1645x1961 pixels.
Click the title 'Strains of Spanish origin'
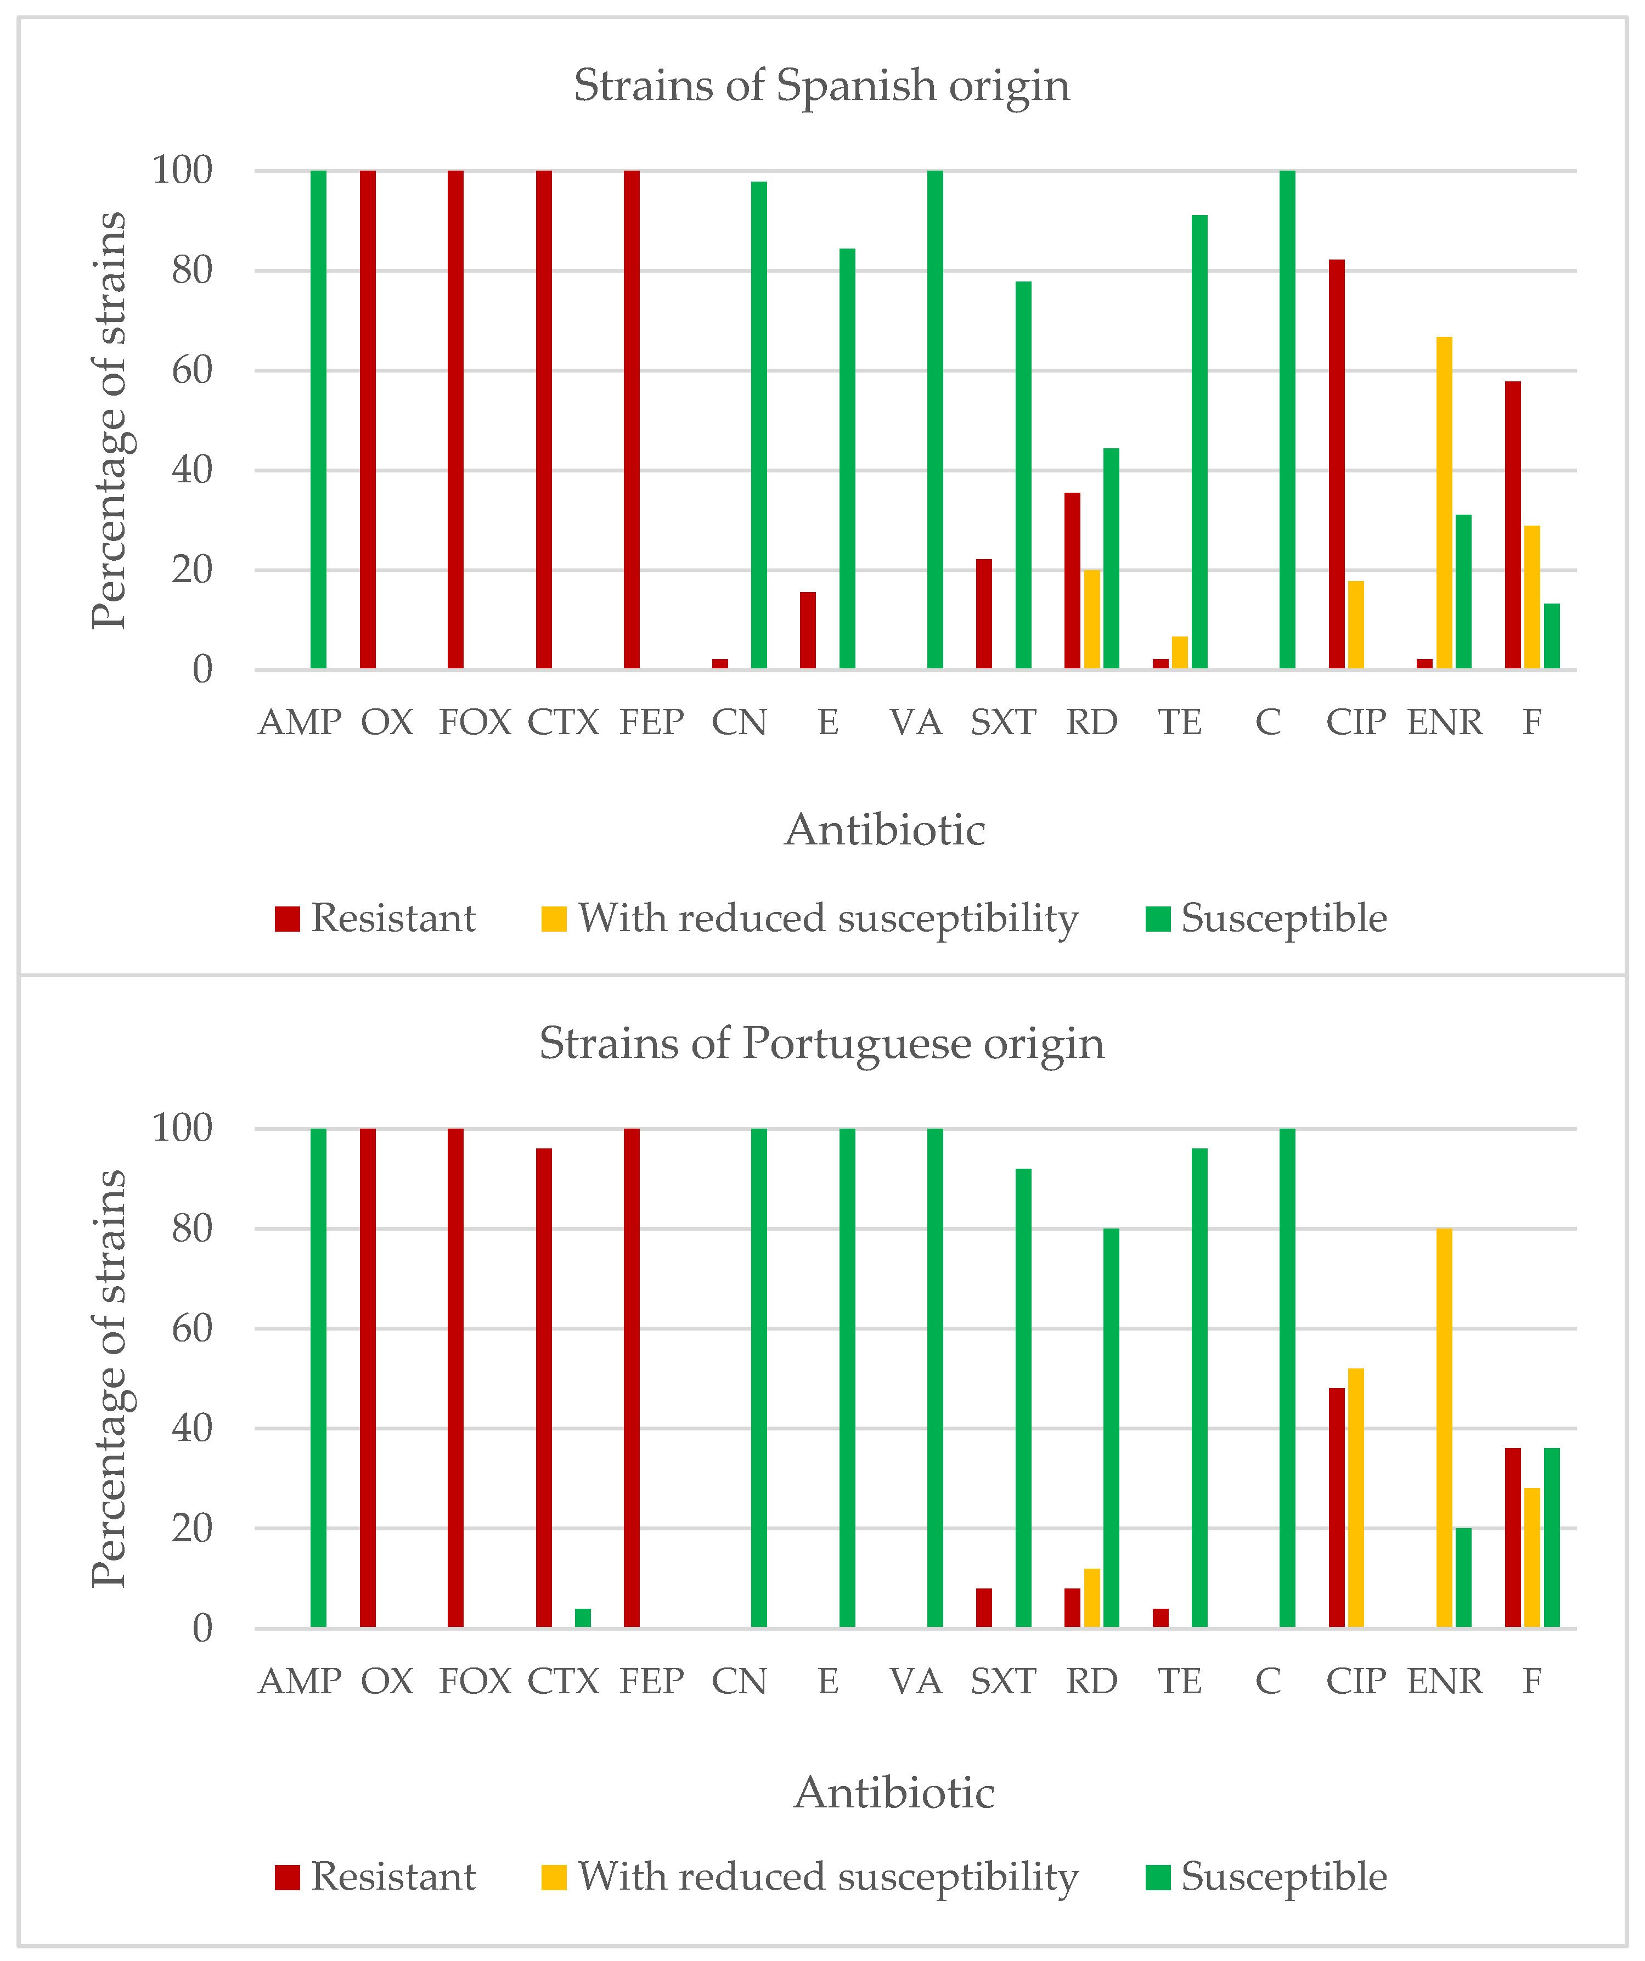pos(821,86)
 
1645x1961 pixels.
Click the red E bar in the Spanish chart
pos(808,630)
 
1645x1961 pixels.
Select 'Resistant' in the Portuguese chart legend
pos(392,1877)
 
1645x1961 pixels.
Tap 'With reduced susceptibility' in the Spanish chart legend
pos(827,919)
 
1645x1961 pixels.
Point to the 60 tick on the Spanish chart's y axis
pos(193,371)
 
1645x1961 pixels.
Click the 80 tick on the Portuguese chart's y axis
pos(193,1229)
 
